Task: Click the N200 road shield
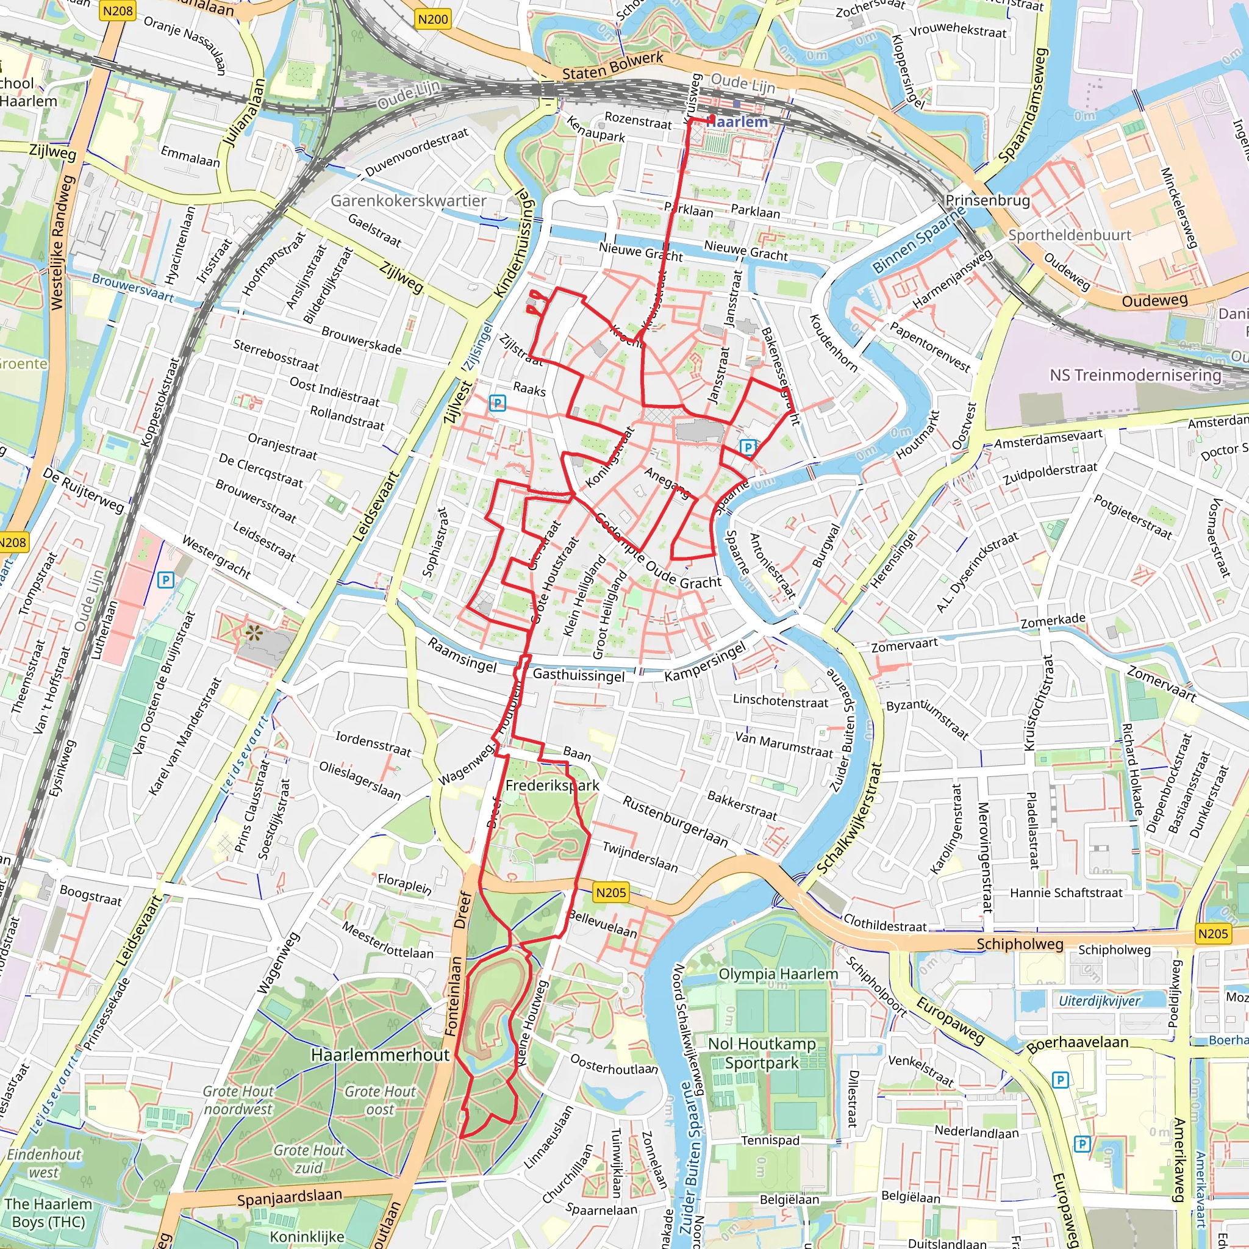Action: click(432, 20)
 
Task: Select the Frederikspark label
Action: click(552, 786)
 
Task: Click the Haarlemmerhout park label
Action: click(380, 1054)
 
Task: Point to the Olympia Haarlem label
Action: click(778, 973)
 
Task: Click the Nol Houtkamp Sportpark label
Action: click(762, 1053)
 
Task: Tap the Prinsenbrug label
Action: click(987, 201)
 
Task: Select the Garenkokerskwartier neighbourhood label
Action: click(408, 201)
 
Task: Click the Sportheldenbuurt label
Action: click(1069, 235)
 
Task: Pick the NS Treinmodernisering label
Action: click(1135, 375)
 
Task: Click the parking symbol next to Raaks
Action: click(497, 403)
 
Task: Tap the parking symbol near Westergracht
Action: click(165, 580)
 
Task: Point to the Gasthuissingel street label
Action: click(579, 675)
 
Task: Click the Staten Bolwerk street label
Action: click(612, 66)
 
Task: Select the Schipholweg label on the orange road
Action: click(1020, 944)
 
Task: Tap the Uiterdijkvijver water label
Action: click(1099, 1001)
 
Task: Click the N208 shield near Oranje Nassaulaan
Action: click(117, 10)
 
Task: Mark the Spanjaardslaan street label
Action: click(289, 1198)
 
